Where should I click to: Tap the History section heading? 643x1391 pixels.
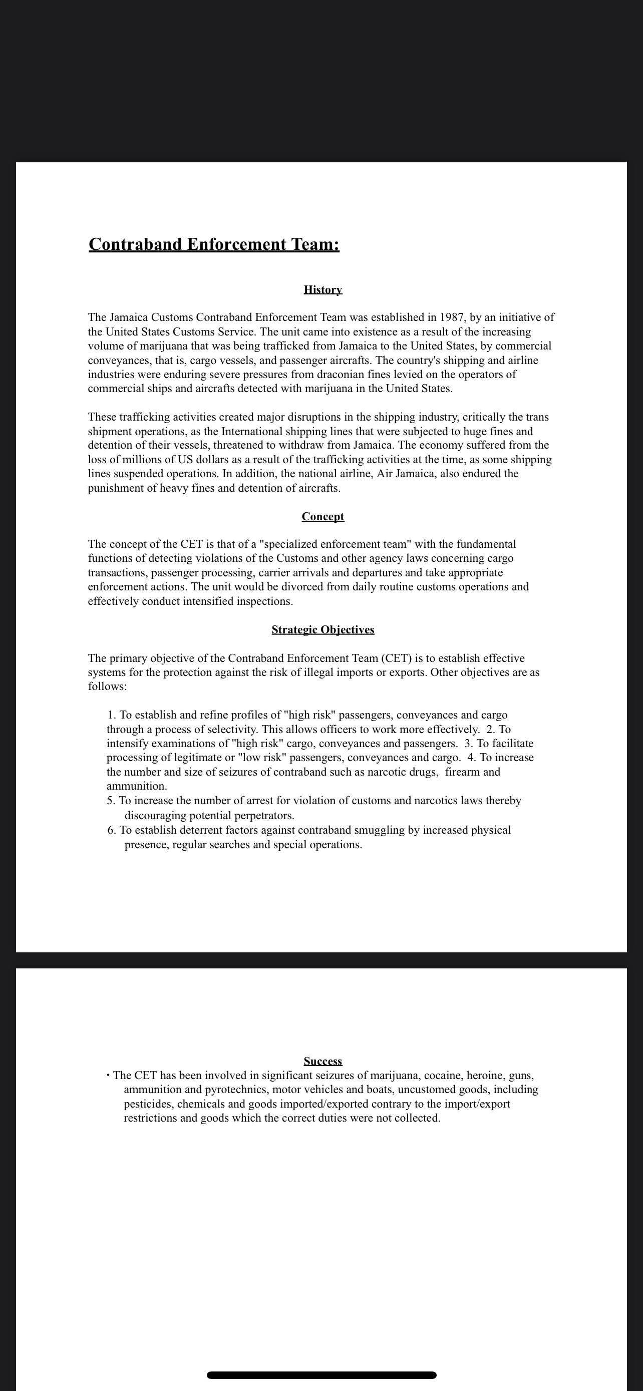[323, 290]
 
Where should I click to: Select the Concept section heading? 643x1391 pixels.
[323, 517]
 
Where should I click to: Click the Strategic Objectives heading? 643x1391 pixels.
[323, 629]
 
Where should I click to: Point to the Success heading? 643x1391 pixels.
[323, 1061]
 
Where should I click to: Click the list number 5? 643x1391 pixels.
[111, 800]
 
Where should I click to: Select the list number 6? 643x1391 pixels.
[111, 830]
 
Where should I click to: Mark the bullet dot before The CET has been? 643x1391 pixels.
[109, 1075]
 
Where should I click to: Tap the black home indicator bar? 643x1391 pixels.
[321, 1375]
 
